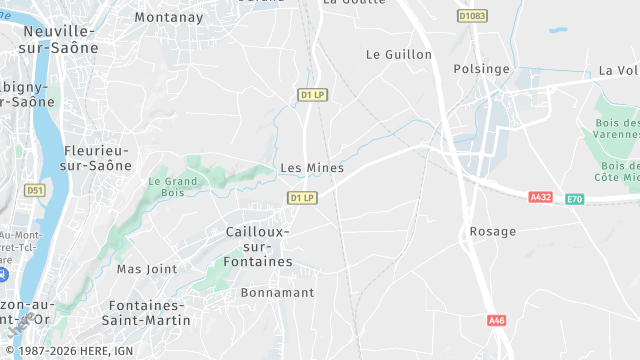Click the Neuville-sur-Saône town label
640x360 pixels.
click(60, 38)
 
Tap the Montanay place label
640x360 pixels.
click(168, 17)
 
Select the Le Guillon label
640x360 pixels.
click(399, 54)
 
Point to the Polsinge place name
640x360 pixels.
click(481, 69)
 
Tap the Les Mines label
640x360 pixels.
click(312, 168)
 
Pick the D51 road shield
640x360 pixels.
click(35, 190)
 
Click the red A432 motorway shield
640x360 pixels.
click(541, 197)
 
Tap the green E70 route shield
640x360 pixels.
click(574, 199)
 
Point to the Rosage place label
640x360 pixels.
click(492, 231)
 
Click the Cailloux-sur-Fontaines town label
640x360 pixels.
click(252, 246)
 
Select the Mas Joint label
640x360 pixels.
click(146, 269)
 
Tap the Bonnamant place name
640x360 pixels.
click(278, 293)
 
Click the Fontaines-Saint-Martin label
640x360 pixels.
click(146, 312)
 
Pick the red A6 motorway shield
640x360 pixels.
click(497, 320)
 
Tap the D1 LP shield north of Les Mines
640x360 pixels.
click(313, 95)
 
